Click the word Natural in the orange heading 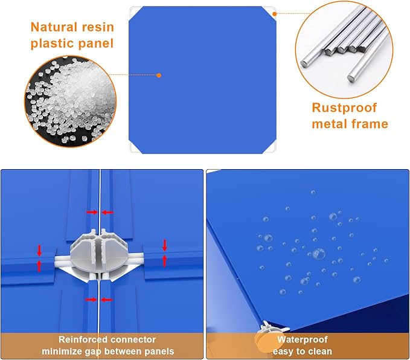pyautogui.click(x=54, y=27)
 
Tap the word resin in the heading pyautogui.click(x=98, y=27)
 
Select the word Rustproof pyautogui.click(x=344, y=108)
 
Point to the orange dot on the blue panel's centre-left pyautogui.click(x=159, y=76)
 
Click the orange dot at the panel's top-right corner pyautogui.click(x=274, y=14)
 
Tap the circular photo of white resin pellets pyautogui.click(x=71, y=101)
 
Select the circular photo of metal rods pyautogui.click(x=344, y=50)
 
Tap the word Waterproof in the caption pyautogui.click(x=303, y=339)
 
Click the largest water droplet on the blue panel pyautogui.click(x=319, y=254)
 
